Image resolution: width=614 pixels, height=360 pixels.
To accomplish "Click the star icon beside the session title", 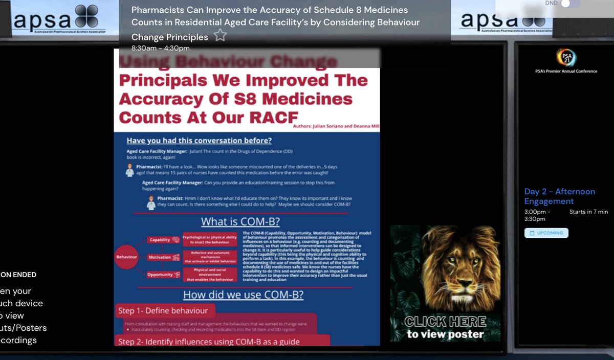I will [220, 35].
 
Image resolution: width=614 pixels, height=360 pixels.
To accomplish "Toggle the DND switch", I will [569, 4].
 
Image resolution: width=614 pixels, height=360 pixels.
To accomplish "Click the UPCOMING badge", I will [546, 233].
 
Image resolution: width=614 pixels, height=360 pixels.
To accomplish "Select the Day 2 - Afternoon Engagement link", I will [559, 196].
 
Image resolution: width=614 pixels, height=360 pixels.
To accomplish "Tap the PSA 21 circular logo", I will [566, 57].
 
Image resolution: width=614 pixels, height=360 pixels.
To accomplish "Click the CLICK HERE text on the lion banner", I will [445, 322].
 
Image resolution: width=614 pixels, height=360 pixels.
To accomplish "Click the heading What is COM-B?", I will [240, 222].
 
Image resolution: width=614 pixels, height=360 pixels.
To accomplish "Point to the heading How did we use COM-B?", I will [243, 295].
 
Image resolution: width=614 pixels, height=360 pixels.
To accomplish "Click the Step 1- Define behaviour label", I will [163, 310].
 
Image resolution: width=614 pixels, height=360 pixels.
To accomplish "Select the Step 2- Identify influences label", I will [209, 341].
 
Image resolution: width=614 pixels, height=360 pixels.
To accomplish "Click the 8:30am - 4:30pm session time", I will [160, 48].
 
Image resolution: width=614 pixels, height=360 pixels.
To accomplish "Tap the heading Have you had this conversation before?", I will [199, 141].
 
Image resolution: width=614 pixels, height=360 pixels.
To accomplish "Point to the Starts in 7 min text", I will [588, 212].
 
